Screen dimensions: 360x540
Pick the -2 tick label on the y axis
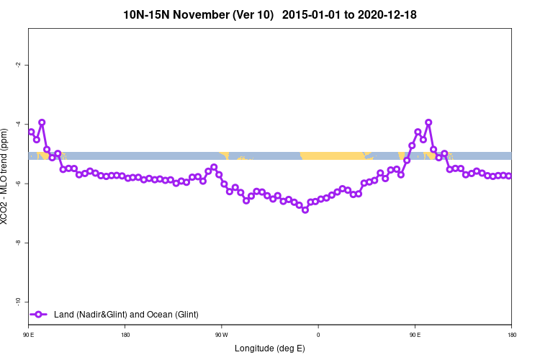17,65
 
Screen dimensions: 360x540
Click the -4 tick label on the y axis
17,124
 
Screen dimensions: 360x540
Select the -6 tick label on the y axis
17,183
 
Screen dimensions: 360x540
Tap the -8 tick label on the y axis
17,242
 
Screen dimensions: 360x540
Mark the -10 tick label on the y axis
17,301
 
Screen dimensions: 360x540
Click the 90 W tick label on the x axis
221,335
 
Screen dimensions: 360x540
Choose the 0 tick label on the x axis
318,335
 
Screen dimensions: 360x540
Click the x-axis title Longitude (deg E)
270,348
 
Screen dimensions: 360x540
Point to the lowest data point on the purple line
305,210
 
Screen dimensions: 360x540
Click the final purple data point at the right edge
508,176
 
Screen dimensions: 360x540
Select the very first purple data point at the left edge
31,132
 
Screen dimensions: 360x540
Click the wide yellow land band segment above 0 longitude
330,156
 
